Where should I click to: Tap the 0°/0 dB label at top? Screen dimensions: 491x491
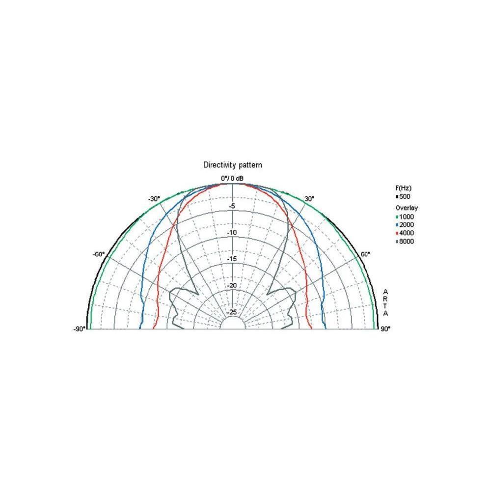pos(232,178)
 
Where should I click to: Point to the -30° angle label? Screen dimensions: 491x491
pos(154,199)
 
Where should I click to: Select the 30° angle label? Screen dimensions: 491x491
pos(309,199)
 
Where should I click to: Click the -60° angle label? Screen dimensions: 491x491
pos(99,254)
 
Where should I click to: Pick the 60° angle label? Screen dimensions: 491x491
pos(365,254)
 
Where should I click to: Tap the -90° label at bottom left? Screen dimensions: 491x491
pos(80,328)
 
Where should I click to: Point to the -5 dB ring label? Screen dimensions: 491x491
pos(232,206)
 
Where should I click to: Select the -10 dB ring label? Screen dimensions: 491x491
pos(231,233)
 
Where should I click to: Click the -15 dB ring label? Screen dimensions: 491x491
pos(231,259)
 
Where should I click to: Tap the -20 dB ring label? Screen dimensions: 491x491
pos(231,286)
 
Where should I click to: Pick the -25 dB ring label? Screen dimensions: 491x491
pos(231,312)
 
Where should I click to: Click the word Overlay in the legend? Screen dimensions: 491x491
pos(407,208)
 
